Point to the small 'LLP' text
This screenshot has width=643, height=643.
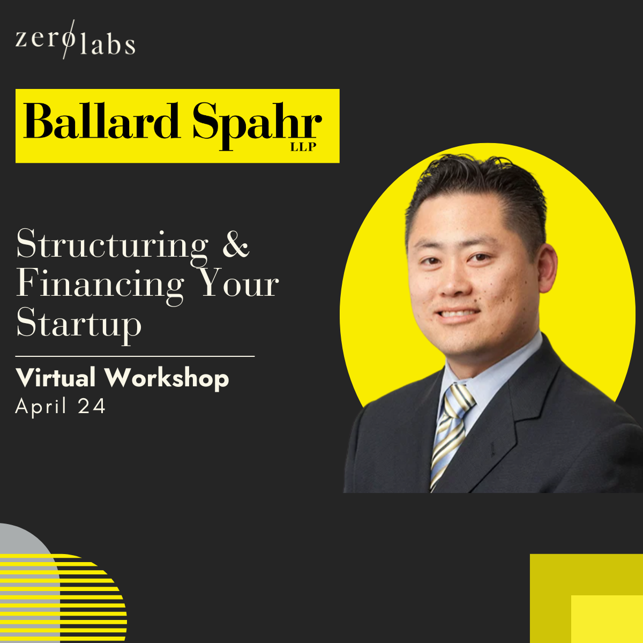point(303,147)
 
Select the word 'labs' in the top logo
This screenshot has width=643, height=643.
point(108,42)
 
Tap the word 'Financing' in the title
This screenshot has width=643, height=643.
point(100,286)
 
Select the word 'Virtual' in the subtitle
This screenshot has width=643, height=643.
point(55,378)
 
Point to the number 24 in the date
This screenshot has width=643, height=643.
point(92,406)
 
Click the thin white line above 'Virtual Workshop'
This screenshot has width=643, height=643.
point(135,356)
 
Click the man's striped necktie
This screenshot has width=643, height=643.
point(451,434)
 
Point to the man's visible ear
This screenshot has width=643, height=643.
point(547,269)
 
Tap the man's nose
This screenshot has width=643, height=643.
point(453,280)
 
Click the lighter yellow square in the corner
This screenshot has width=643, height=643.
point(607,619)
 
